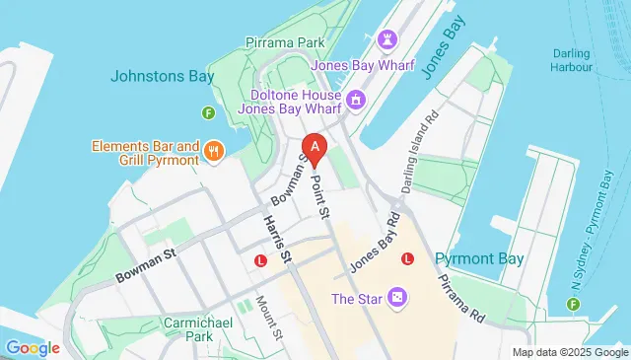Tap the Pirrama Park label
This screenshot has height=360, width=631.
285,43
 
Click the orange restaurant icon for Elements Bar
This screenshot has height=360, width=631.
216,152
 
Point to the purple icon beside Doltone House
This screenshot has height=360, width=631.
354,100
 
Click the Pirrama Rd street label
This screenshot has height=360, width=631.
462,294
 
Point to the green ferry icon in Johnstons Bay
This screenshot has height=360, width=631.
208,113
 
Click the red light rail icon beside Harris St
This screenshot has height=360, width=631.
261,261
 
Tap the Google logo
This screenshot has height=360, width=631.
32,347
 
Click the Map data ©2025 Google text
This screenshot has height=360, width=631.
570,352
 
